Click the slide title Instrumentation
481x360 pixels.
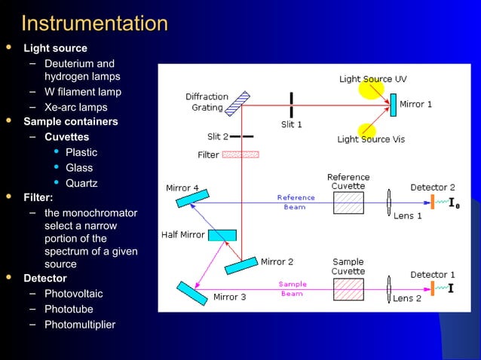click(x=95, y=23)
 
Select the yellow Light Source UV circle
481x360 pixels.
click(x=370, y=89)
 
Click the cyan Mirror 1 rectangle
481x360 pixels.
click(x=392, y=105)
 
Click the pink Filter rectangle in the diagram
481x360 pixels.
click(x=240, y=154)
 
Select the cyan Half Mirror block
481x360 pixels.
click(x=222, y=235)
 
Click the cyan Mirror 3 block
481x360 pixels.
click(x=191, y=293)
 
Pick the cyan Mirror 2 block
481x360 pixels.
click(x=241, y=265)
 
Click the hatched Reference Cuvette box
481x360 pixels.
click(x=348, y=203)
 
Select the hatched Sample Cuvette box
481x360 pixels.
click(x=348, y=289)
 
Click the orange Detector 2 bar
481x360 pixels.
click(x=433, y=203)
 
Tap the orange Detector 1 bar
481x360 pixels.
click(x=433, y=288)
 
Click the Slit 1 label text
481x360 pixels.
click(x=291, y=125)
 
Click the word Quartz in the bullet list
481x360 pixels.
click(x=81, y=183)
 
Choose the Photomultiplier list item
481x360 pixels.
click(x=80, y=325)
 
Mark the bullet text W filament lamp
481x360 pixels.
click(x=83, y=92)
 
